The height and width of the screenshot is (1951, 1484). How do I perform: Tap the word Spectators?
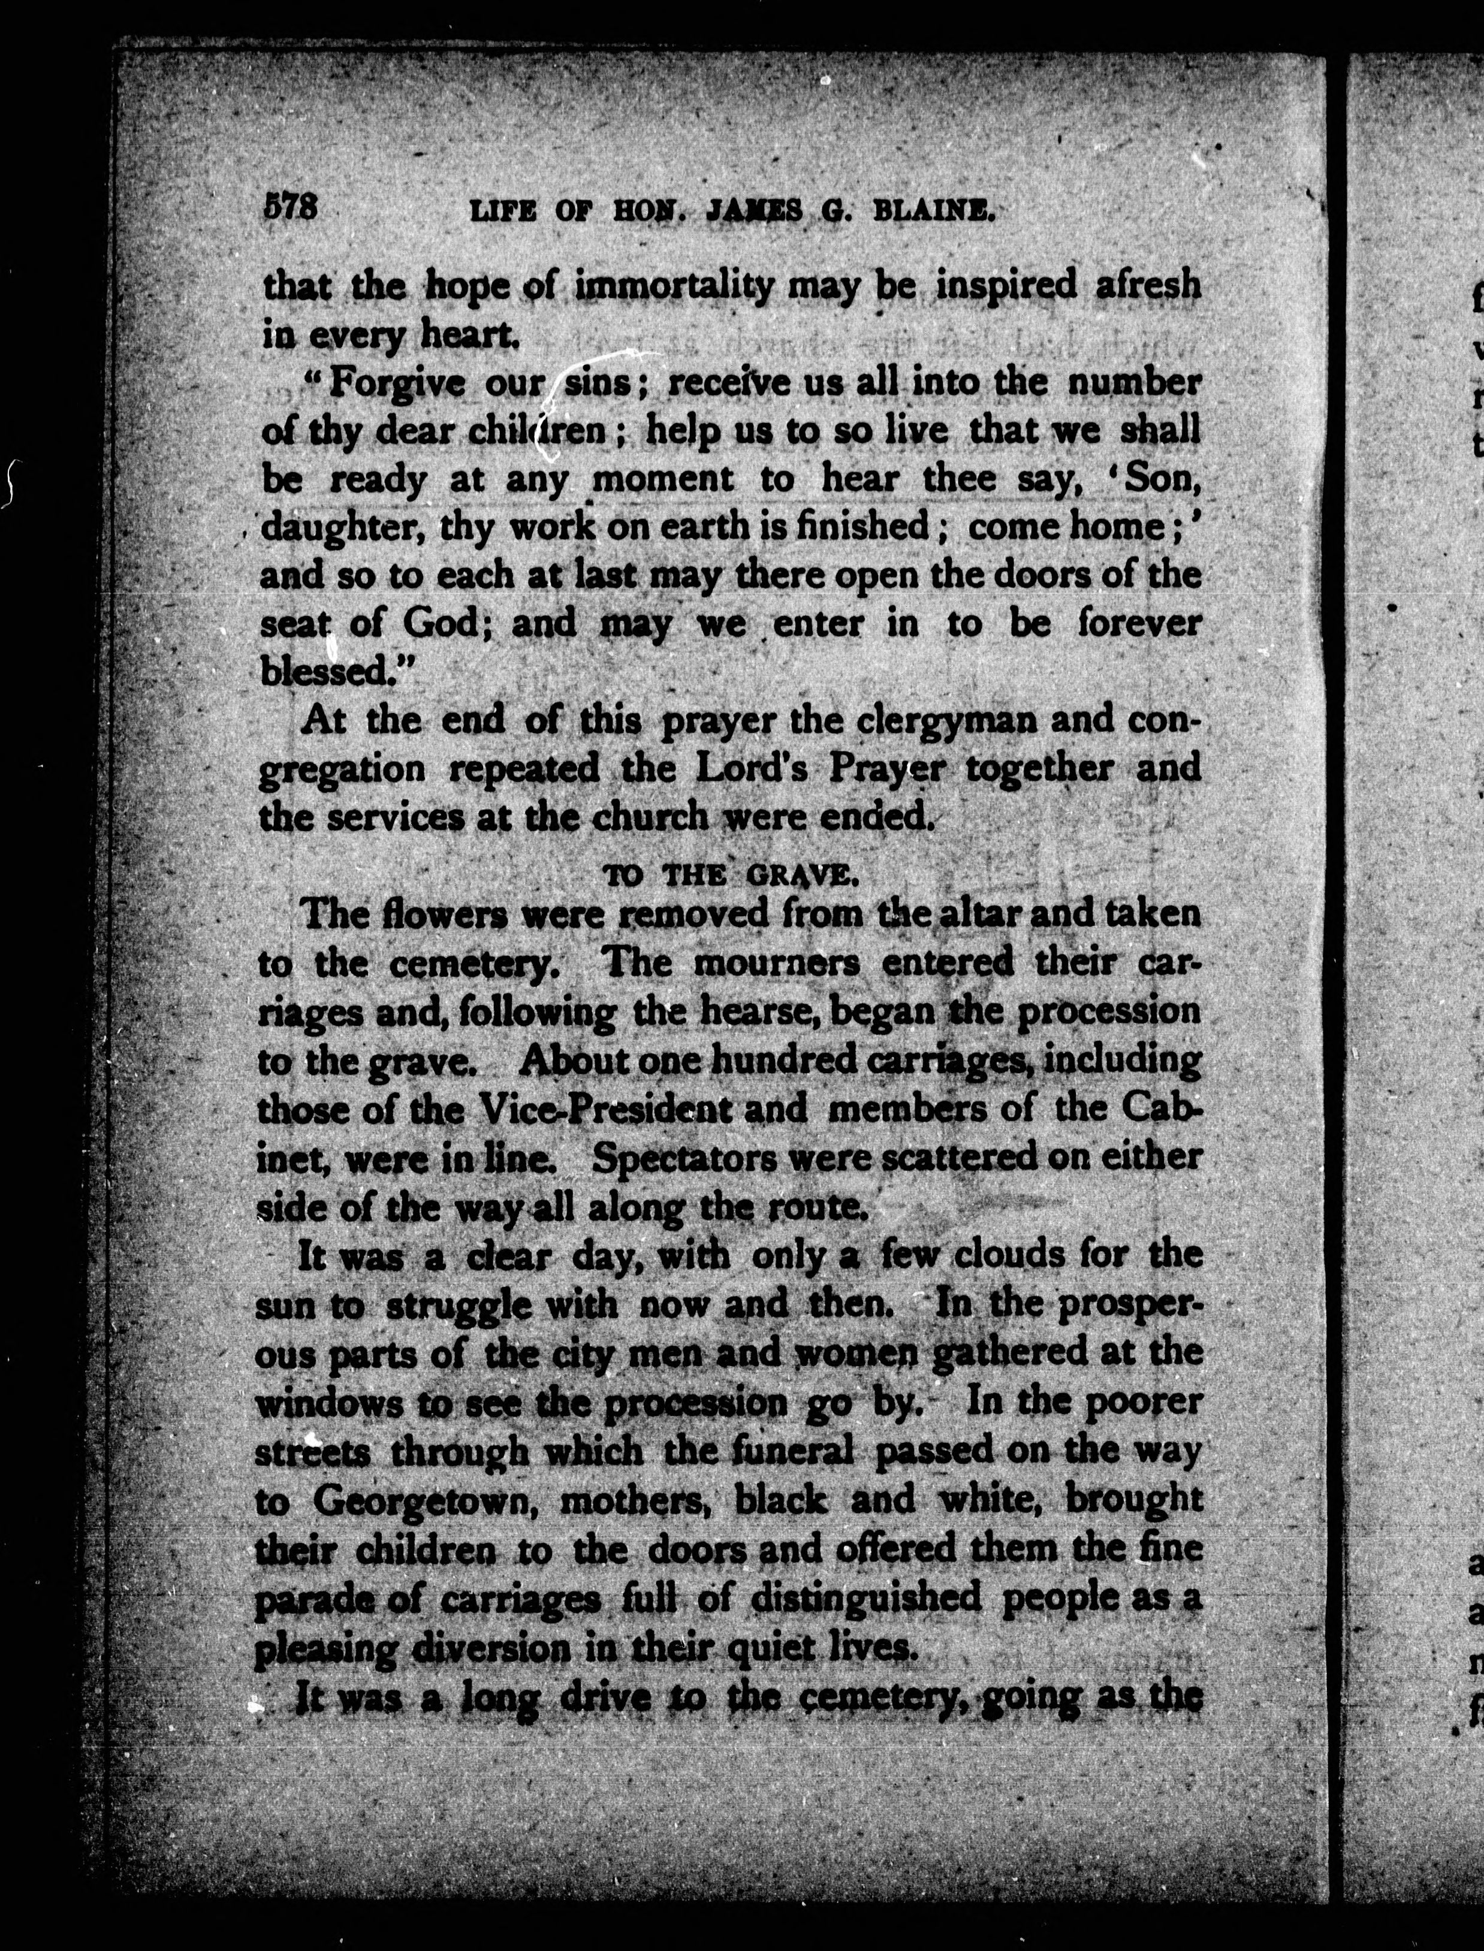pos(684,1158)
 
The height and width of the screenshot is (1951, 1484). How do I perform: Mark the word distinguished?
pos(865,1597)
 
